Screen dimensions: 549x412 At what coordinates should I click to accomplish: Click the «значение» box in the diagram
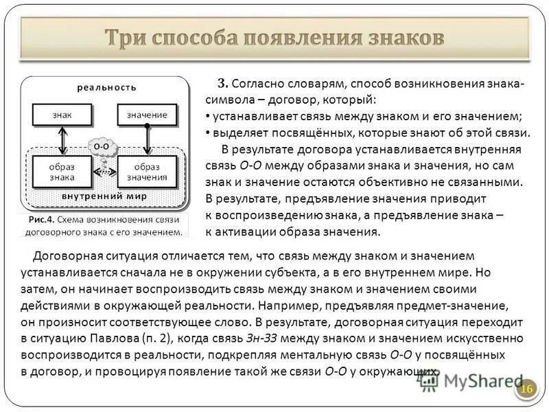148,115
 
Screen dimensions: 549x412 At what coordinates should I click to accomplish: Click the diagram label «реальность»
106,87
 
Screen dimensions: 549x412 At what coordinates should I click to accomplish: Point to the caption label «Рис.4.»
41,220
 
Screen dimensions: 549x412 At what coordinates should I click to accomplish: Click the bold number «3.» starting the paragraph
222,84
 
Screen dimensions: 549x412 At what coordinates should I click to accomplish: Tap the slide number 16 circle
526,389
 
